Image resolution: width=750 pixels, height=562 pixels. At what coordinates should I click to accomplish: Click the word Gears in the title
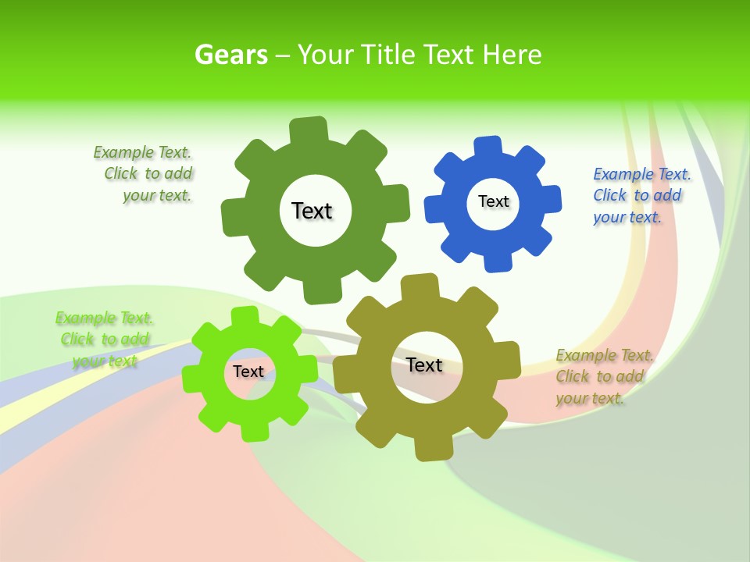pyautogui.click(x=230, y=55)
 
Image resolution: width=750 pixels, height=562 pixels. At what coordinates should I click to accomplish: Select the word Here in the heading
pyautogui.click(x=512, y=55)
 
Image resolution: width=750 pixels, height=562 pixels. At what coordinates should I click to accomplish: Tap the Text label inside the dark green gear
pyautogui.click(x=312, y=211)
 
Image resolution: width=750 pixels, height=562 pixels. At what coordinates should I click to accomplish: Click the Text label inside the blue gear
pyautogui.click(x=493, y=201)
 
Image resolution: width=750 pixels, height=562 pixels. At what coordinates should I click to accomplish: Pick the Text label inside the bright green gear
pyautogui.click(x=248, y=372)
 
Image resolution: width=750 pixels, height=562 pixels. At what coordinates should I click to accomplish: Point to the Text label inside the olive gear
pyautogui.click(x=424, y=365)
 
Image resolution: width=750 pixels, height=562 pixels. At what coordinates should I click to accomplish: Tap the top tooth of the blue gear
pyautogui.click(x=487, y=147)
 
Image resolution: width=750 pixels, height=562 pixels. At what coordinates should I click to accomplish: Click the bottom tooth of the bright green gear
pyautogui.click(x=252, y=431)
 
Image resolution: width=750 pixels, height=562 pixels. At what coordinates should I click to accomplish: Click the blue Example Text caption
pyautogui.click(x=641, y=195)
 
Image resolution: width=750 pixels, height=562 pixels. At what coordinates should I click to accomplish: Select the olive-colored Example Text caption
pyautogui.click(x=604, y=376)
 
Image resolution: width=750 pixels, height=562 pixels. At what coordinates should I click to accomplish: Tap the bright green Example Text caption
pyautogui.click(x=104, y=339)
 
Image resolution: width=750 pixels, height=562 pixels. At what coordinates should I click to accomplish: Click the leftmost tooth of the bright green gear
pyautogui.click(x=192, y=377)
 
